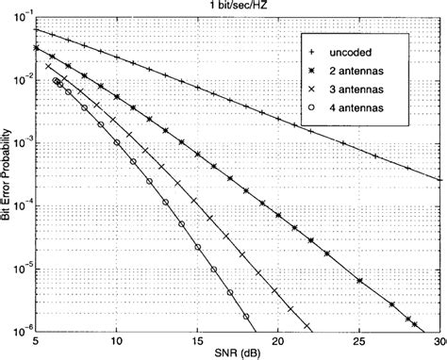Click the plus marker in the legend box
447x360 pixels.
tap(311, 51)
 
